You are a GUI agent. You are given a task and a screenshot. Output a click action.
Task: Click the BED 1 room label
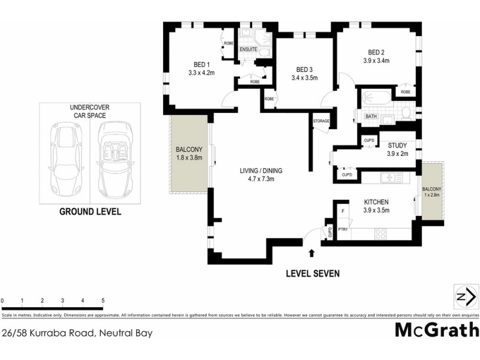pyautogui.click(x=201, y=64)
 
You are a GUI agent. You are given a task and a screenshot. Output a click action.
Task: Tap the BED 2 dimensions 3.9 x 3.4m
pyautogui.click(x=376, y=61)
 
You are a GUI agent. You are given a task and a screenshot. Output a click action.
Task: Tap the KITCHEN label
pyautogui.click(x=376, y=202)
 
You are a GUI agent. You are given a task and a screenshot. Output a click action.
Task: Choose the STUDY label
pyautogui.click(x=397, y=145)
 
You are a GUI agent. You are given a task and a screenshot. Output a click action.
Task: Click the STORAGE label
pyautogui.click(x=321, y=122)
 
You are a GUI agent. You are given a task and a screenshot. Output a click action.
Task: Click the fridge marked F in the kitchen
pyautogui.click(x=343, y=211)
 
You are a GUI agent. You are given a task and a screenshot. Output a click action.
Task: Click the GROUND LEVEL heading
pyautogui.click(x=89, y=212)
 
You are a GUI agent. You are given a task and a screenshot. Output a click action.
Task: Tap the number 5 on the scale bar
pyautogui.click(x=103, y=300)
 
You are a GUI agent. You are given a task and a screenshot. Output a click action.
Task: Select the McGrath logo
pyautogui.click(x=437, y=330)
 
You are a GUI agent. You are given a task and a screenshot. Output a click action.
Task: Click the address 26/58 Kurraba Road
pyautogui.click(x=76, y=331)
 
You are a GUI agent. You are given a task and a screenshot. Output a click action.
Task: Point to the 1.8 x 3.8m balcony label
pyautogui.click(x=190, y=158)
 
